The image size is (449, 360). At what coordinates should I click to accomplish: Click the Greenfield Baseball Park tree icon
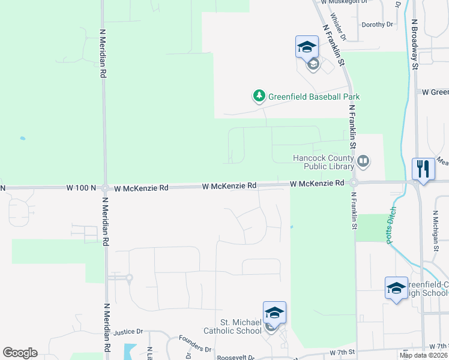[x=259, y=96]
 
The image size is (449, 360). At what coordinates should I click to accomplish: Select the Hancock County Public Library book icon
[x=363, y=161]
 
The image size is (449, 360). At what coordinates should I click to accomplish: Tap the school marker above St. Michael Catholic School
[x=274, y=313]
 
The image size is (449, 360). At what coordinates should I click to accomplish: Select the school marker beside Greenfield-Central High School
[x=397, y=289]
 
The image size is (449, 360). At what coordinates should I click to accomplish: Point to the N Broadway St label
[x=414, y=43]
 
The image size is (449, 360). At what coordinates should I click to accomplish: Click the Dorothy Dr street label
[x=377, y=25]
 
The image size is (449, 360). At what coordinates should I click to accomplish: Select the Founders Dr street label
[x=196, y=349]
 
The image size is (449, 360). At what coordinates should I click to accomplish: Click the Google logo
[x=20, y=353]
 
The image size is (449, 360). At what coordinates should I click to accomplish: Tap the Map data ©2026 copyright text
[x=423, y=355]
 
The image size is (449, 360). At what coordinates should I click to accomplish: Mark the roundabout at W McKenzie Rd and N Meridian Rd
[x=104, y=188]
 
